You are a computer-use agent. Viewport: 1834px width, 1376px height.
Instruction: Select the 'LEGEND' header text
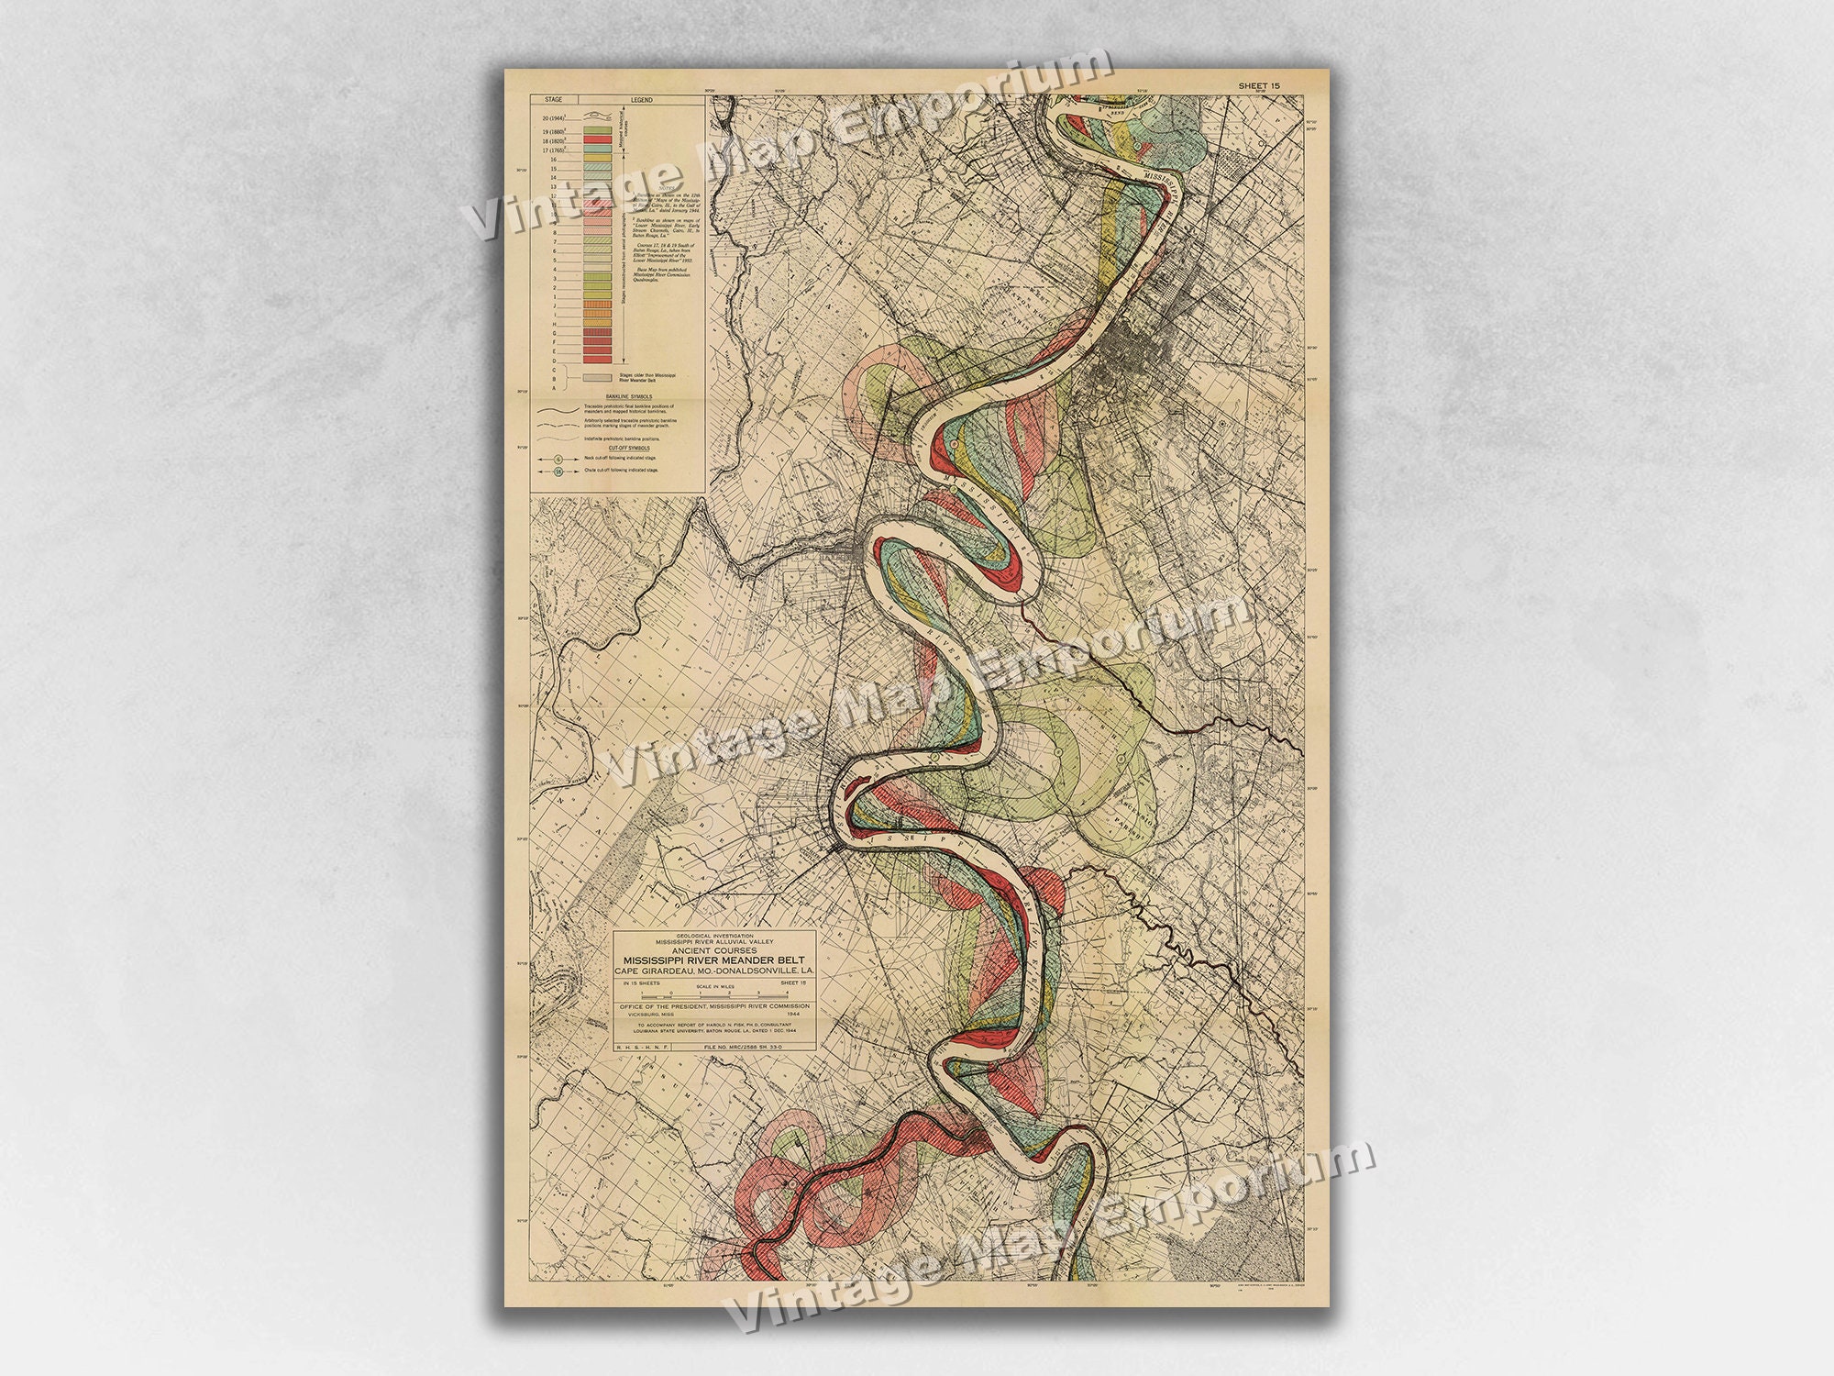(641, 99)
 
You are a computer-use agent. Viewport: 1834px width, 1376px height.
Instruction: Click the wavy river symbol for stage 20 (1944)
(597, 117)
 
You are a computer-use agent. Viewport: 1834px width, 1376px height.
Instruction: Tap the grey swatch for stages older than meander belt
(597, 376)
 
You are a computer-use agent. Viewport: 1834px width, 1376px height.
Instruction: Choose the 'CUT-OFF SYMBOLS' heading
(616, 448)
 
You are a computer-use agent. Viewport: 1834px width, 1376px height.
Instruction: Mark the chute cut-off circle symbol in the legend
(558, 472)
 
